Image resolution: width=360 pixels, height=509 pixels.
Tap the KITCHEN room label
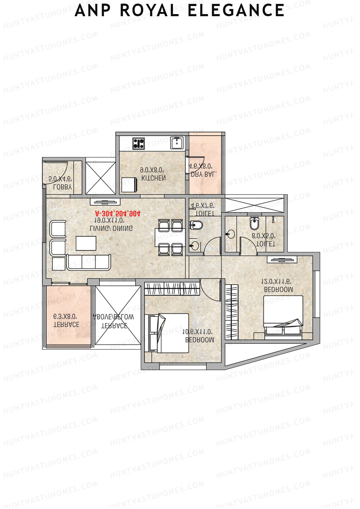click(x=153, y=178)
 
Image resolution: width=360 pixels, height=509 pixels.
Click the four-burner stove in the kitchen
click(x=139, y=143)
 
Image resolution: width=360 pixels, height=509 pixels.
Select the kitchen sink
click(x=177, y=143)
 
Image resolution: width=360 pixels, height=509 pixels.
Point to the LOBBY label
click(x=62, y=187)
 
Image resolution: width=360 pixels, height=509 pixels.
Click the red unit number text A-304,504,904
click(x=118, y=214)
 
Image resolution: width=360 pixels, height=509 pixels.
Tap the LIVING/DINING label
click(x=111, y=228)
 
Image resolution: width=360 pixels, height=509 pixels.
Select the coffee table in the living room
click(x=86, y=243)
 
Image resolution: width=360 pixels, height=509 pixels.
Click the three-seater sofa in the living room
click(x=88, y=262)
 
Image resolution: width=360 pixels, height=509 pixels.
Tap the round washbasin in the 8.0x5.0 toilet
click(x=230, y=234)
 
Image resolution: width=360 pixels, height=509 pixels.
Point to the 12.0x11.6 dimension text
click(x=276, y=282)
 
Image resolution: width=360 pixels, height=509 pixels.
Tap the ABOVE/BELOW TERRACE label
click(x=114, y=321)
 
